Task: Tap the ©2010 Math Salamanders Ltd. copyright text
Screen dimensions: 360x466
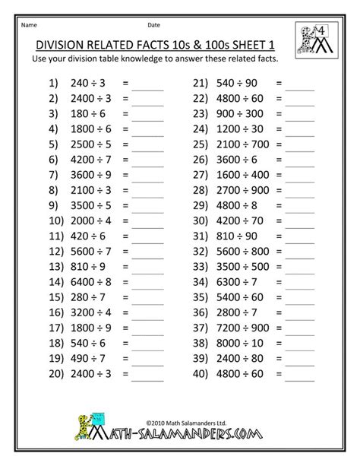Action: point(180,423)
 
